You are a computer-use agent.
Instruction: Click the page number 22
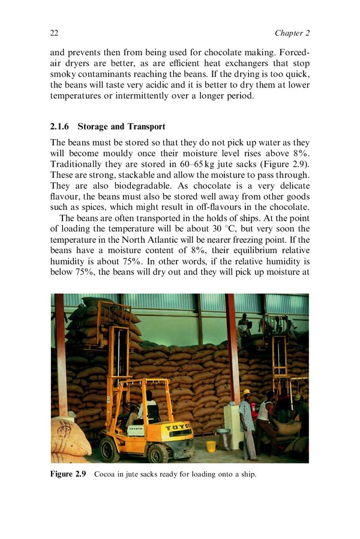click(54, 32)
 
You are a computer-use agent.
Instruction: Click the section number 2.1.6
click(61, 127)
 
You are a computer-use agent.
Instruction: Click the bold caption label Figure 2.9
click(68, 475)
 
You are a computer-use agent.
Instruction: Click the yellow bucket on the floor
click(211, 447)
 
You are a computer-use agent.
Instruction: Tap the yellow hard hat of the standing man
click(246, 392)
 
